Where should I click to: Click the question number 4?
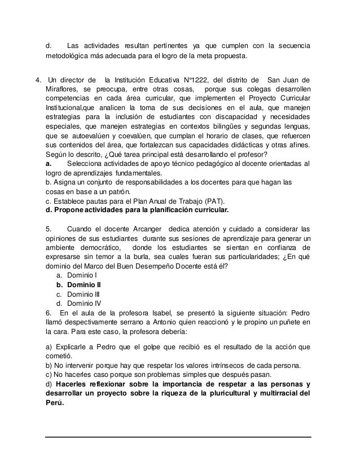tap(37, 78)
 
